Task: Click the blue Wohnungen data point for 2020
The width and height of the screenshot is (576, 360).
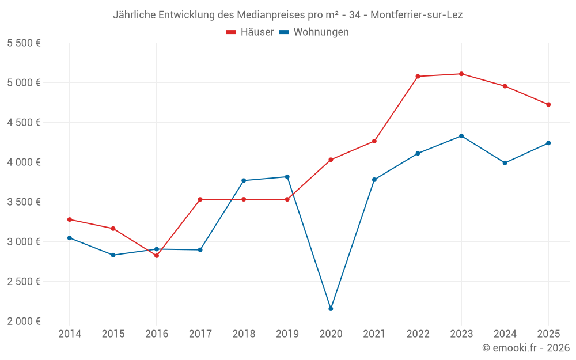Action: pos(331,309)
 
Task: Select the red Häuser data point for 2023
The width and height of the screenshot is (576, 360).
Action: pos(461,74)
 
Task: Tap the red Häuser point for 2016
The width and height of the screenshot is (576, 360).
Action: pos(157,256)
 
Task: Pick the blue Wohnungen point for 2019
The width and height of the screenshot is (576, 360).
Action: pos(287,177)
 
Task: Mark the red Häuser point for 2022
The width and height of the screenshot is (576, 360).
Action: pos(418,76)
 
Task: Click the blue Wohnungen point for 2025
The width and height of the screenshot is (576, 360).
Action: pos(548,143)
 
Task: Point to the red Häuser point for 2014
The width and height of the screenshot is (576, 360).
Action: pos(70,219)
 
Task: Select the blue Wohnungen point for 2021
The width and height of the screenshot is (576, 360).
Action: pos(374,180)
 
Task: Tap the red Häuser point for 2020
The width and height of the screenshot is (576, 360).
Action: pos(331,160)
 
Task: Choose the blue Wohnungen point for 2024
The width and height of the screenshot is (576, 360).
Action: pos(505,163)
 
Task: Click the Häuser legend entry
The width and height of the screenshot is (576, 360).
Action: pos(250,32)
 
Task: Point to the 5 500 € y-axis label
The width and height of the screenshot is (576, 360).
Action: pos(24,43)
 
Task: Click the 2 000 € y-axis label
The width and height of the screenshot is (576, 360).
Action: pos(24,321)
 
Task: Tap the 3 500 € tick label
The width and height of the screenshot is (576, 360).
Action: pos(24,202)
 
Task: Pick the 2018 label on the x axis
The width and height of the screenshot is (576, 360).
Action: pos(244,334)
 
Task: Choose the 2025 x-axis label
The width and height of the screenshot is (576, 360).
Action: pos(548,334)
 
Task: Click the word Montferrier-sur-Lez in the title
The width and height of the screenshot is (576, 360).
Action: pos(416,15)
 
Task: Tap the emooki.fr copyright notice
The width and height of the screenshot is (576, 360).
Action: pos(525,348)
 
